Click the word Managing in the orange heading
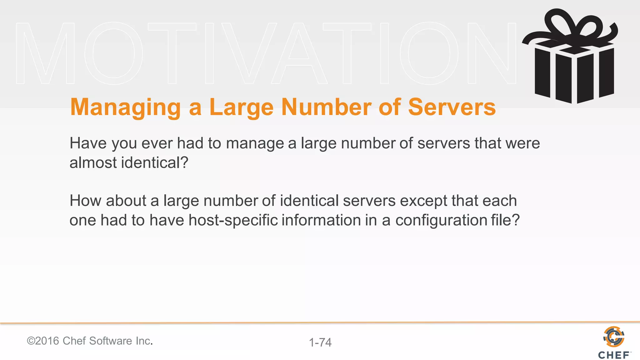coord(125,107)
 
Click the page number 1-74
coord(320,342)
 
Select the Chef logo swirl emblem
coord(614,337)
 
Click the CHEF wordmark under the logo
coord(614,355)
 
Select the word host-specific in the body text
coord(233,220)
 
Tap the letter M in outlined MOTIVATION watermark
coord(46,53)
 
